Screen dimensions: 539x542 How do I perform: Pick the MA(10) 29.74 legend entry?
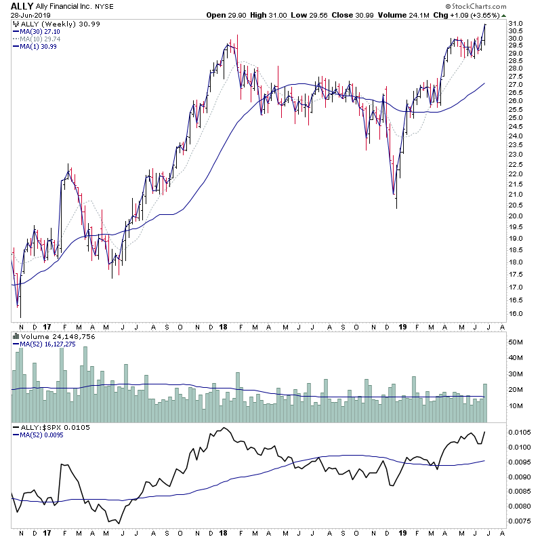(x=38, y=39)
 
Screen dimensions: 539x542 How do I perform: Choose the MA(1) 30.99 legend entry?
(x=36, y=46)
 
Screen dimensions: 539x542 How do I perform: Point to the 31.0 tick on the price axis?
(x=516, y=24)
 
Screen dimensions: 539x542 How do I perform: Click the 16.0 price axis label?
(x=516, y=314)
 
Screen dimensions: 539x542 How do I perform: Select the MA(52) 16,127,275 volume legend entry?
(x=51, y=344)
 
